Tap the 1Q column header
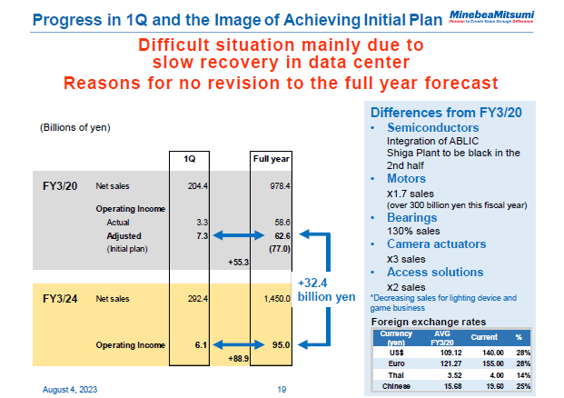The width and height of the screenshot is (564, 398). coord(190,159)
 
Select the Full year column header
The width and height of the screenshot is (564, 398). coord(270,159)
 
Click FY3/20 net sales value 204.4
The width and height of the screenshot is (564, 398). coord(197,185)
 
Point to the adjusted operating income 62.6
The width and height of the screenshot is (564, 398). coord(277,234)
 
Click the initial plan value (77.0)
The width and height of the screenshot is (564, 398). coord(275,247)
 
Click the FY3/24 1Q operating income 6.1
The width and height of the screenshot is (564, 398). coord(202,344)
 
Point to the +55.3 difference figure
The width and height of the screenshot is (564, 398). coord(238,261)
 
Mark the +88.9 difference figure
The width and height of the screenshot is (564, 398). coord(238,359)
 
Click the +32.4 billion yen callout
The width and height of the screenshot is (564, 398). coord(325,288)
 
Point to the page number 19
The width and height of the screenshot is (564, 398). coord(282,388)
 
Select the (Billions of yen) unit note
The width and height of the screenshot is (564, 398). coord(74,126)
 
